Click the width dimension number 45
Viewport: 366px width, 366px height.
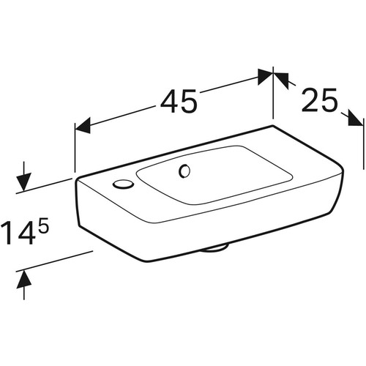tap(179, 101)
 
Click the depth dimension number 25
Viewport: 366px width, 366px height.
tap(319, 100)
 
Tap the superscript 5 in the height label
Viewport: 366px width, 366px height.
tap(45, 225)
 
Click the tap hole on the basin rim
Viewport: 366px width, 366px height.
tap(123, 184)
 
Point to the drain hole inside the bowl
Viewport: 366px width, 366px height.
tap(184, 171)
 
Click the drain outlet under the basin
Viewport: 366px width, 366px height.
tap(214, 249)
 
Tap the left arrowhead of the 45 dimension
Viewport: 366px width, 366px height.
tap(83, 126)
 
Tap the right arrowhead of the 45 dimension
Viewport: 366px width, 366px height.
tap(265, 77)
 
